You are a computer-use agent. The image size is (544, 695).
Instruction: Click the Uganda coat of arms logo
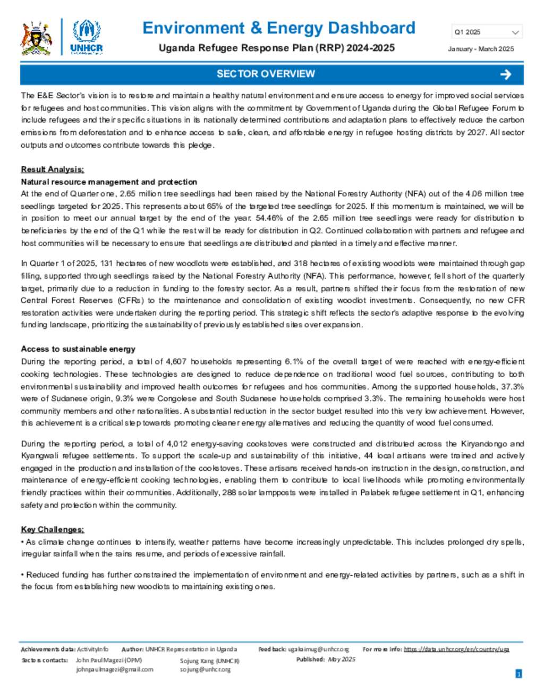(x=36, y=38)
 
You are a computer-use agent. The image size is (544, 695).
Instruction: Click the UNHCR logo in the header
(x=86, y=37)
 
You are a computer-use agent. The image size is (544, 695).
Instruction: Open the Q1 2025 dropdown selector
(x=487, y=32)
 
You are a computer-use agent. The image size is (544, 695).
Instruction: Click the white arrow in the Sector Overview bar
(x=505, y=74)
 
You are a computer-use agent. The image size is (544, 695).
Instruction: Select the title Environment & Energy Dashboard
(x=278, y=28)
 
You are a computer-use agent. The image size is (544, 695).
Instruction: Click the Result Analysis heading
(x=52, y=169)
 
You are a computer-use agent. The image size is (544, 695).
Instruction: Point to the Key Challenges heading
(x=52, y=529)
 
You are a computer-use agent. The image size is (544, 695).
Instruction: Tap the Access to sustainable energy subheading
(x=78, y=349)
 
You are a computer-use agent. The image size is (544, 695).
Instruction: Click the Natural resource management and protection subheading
(x=109, y=182)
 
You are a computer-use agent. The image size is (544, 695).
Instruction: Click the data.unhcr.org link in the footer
(x=456, y=649)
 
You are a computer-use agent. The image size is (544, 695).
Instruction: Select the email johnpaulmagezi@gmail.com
(x=114, y=669)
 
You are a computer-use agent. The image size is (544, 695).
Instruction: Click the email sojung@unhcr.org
(x=205, y=669)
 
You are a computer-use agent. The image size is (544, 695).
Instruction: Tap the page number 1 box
(x=518, y=674)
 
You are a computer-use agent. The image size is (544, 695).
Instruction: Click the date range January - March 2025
(x=481, y=49)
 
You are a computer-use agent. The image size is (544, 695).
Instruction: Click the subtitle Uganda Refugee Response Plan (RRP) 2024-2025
(x=276, y=48)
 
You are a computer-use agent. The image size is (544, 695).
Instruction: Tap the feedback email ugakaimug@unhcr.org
(x=318, y=649)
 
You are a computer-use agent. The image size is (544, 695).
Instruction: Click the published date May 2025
(x=342, y=659)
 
